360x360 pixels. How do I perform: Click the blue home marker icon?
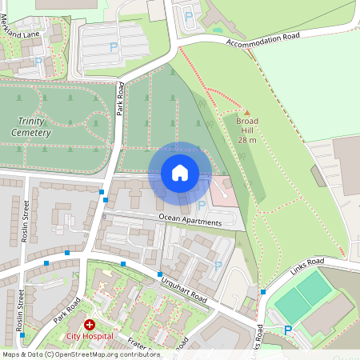pyautogui.click(x=180, y=173)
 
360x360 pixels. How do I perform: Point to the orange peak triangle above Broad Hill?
pyautogui.click(x=247, y=113)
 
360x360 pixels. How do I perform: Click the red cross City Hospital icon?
pyautogui.click(x=90, y=325)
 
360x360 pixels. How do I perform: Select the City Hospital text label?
pyautogui.click(x=90, y=336)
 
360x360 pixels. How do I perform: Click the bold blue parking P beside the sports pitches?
pyautogui.click(x=288, y=330)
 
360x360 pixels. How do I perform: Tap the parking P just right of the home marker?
pyautogui.click(x=201, y=206)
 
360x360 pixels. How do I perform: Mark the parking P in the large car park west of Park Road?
pyautogui.click(x=114, y=49)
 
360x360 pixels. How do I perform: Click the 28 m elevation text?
pyautogui.click(x=247, y=139)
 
